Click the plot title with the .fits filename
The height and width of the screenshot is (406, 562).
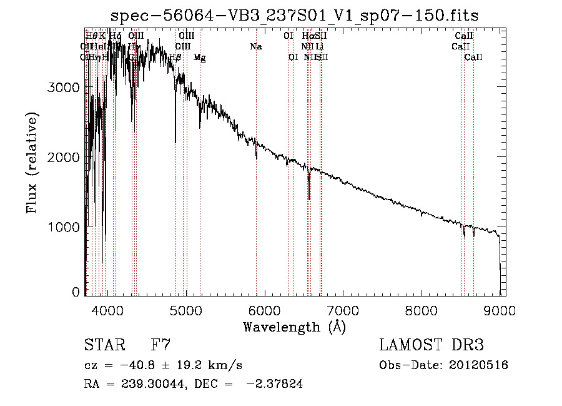294,16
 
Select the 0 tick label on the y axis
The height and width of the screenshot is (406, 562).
76,292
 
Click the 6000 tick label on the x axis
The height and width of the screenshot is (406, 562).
264,308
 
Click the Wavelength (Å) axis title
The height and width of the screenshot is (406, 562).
294,327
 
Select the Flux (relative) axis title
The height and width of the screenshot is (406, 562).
32,163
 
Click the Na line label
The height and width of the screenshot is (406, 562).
255,47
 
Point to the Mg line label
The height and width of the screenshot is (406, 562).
199,58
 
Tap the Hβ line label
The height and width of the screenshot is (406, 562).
175,58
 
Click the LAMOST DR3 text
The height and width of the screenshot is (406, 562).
431,345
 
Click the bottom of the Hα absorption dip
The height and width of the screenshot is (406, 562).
309,200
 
